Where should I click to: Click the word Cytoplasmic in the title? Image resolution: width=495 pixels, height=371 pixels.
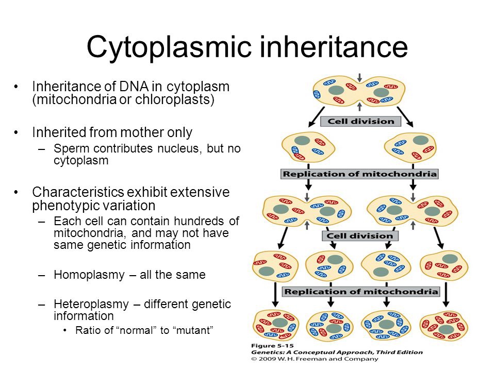(170, 47)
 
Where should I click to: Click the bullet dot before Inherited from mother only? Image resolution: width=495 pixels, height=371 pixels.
(18, 133)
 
